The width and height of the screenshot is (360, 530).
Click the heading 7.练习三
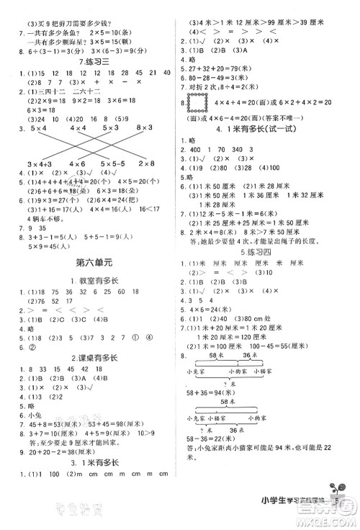90,60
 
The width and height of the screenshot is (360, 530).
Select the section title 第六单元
90,280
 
